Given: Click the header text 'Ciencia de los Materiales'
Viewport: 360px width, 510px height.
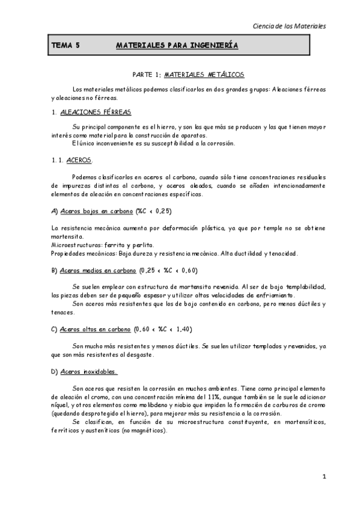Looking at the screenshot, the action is click(x=289, y=26).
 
